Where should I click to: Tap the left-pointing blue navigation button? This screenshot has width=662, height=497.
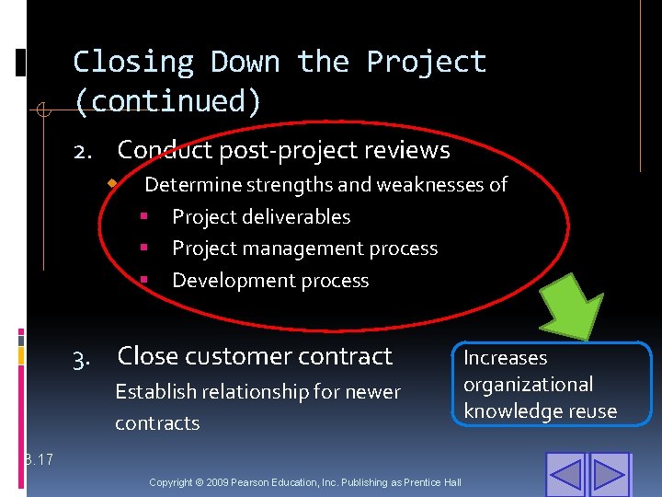point(565,474)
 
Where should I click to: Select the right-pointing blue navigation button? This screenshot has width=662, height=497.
point(609,474)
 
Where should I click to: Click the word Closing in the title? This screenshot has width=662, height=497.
point(133,63)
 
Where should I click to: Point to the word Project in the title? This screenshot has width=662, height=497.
point(426,63)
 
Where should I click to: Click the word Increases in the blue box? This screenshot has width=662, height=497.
point(505,358)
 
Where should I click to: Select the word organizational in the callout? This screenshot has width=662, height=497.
point(528,385)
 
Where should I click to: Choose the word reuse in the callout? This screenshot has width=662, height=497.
point(589,411)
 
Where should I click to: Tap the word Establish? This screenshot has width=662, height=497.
point(153,392)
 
